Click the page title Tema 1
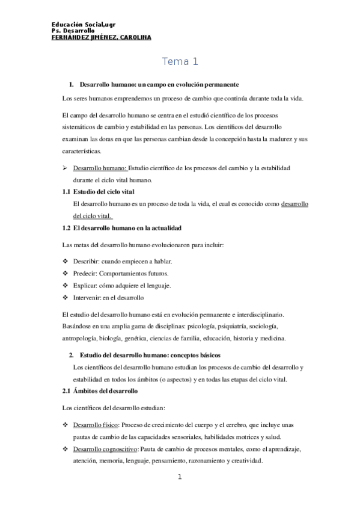point(180,62)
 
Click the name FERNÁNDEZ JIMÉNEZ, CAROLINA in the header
point(102,37)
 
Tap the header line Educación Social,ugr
point(84,24)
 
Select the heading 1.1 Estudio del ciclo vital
point(98,191)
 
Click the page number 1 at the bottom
point(180,478)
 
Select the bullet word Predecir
point(85,273)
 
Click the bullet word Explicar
point(85,285)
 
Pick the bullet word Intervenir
point(87,297)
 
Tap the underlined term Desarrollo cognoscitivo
point(105,449)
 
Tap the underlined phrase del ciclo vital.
point(93,216)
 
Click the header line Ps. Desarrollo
point(73,31)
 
